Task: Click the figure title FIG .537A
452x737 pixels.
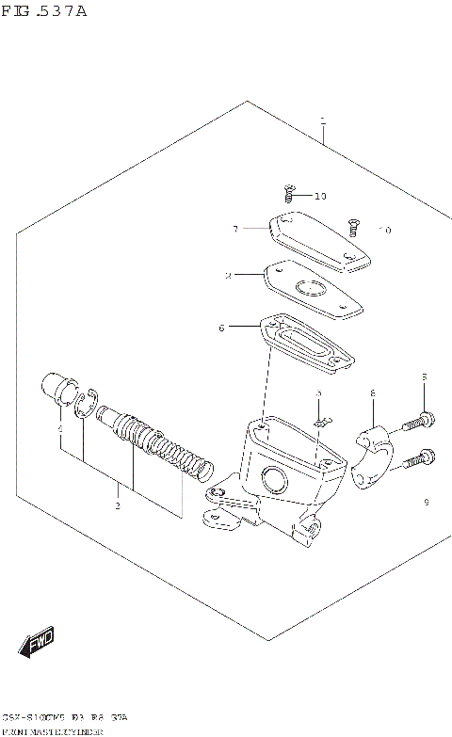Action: tap(44, 12)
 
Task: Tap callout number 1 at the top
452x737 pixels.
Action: tap(322, 120)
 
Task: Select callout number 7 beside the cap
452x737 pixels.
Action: tap(236, 228)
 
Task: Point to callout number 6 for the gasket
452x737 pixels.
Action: tap(221, 328)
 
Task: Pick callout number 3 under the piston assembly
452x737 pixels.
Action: tap(118, 505)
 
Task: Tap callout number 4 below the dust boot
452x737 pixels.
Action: tap(59, 429)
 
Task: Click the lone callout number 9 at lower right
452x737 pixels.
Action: tap(426, 502)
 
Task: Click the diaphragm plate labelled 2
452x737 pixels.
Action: tap(313, 289)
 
